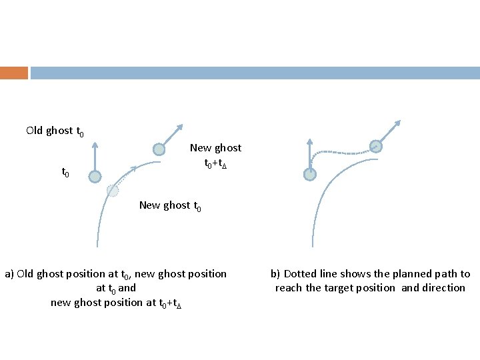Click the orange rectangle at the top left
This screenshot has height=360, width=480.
[14, 73]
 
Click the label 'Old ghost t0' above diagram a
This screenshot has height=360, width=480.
[55, 131]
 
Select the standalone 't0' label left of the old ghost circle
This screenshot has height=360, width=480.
[66, 172]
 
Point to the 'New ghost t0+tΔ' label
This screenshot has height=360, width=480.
[215, 155]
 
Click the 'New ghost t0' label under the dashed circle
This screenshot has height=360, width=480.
[170, 205]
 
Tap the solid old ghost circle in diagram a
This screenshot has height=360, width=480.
[95, 176]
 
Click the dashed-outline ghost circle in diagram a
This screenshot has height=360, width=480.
[113, 191]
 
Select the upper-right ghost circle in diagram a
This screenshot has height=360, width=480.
[159, 149]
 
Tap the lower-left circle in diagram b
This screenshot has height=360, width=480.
[310, 174]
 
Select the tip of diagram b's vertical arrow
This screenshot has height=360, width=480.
[310, 141]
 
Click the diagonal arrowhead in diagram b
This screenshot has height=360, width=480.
[397, 123]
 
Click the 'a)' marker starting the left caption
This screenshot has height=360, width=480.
[10, 274]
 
